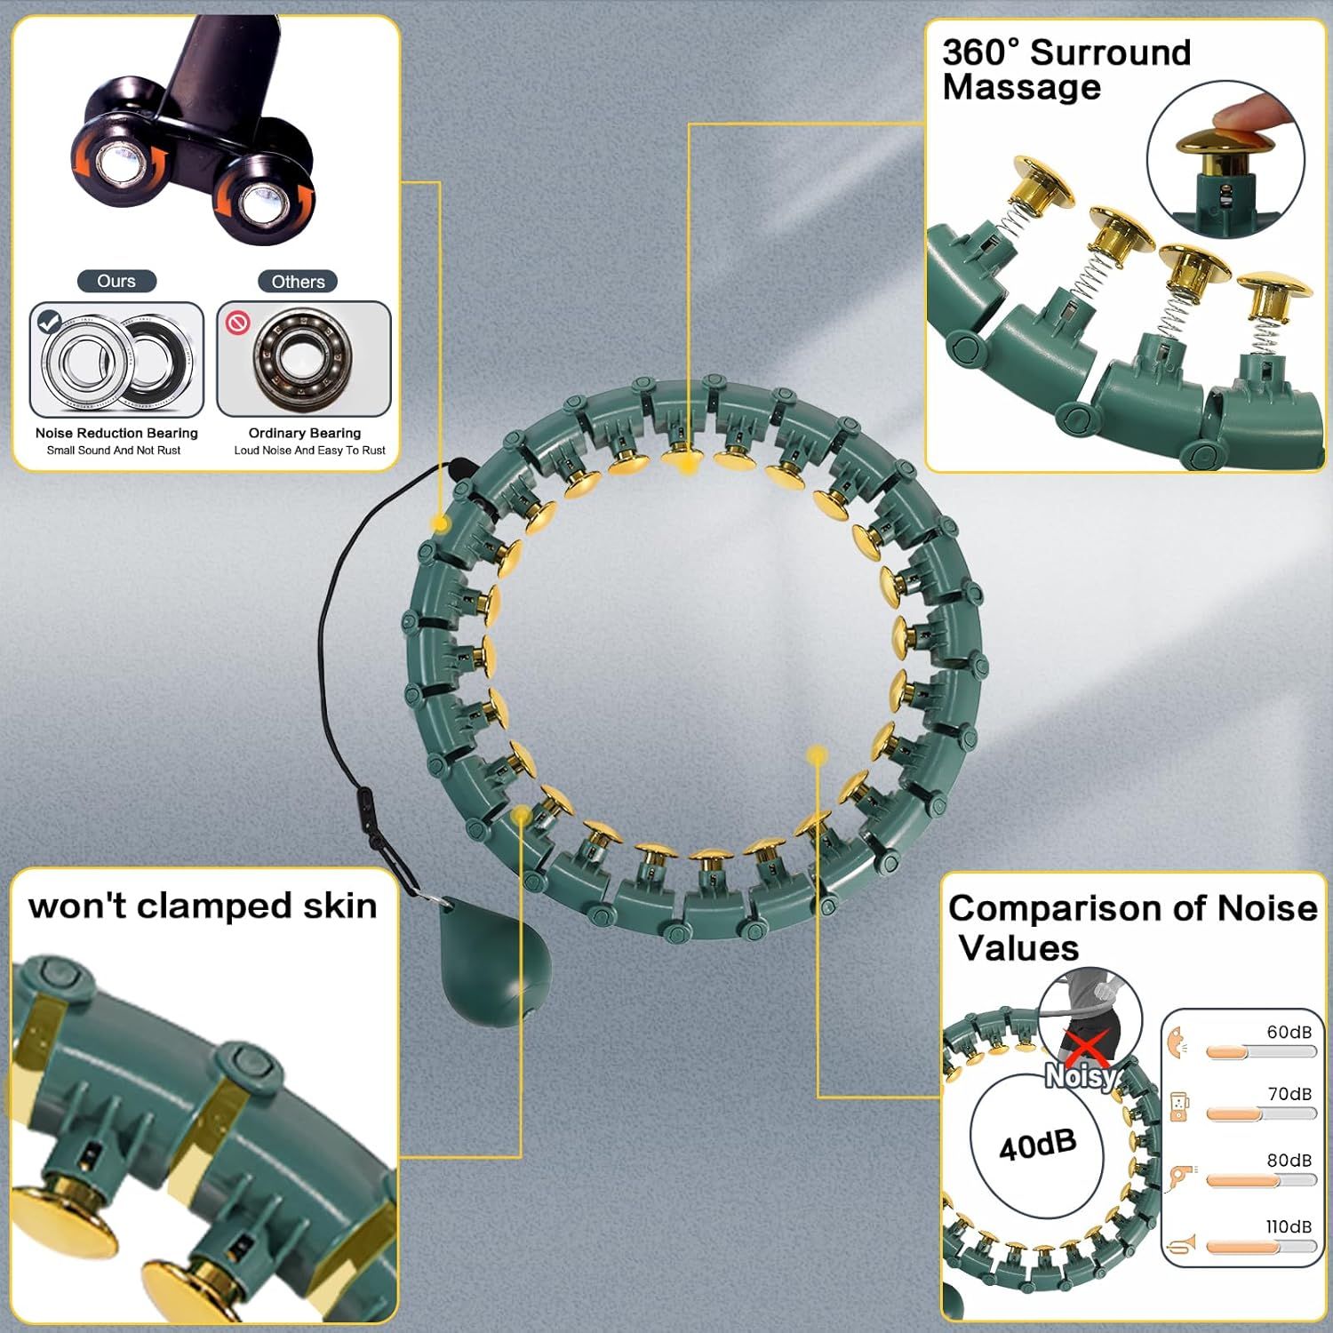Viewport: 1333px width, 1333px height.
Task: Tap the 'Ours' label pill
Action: (x=116, y=281)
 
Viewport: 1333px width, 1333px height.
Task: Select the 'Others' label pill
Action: (x=298, y=282)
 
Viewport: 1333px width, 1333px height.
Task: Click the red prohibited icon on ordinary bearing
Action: (x=238, y=323)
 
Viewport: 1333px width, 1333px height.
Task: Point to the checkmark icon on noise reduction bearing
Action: (x=50, y=322)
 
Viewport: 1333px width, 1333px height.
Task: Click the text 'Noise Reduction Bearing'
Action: (x=116, y=433)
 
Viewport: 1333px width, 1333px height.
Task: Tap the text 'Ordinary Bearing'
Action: (x=305, y=433)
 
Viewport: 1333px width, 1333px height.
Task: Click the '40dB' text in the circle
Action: (x=1037, y=1145)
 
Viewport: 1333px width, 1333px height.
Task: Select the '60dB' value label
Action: (x=1289, y=1032)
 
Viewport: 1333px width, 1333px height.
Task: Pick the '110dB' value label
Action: (x=1289, y=1226)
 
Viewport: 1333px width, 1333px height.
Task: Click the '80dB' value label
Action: (x=1289, y=1161)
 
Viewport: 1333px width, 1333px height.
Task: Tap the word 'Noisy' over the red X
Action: (x=1081, y=1076)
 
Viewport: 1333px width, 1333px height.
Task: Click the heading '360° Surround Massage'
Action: (x=1066, y=69)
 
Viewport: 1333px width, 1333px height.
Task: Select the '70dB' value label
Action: (x=1289, y=1094)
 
